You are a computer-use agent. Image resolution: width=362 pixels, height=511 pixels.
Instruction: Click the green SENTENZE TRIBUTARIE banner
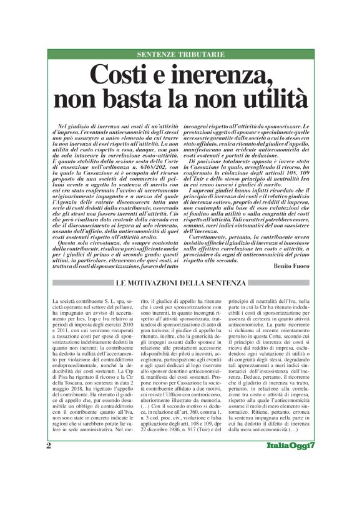[x=180, y=55]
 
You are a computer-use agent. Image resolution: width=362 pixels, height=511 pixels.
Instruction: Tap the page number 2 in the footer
[x=49, y=480]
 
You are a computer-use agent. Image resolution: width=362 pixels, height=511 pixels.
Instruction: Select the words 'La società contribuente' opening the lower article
[x=79, y=285]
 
